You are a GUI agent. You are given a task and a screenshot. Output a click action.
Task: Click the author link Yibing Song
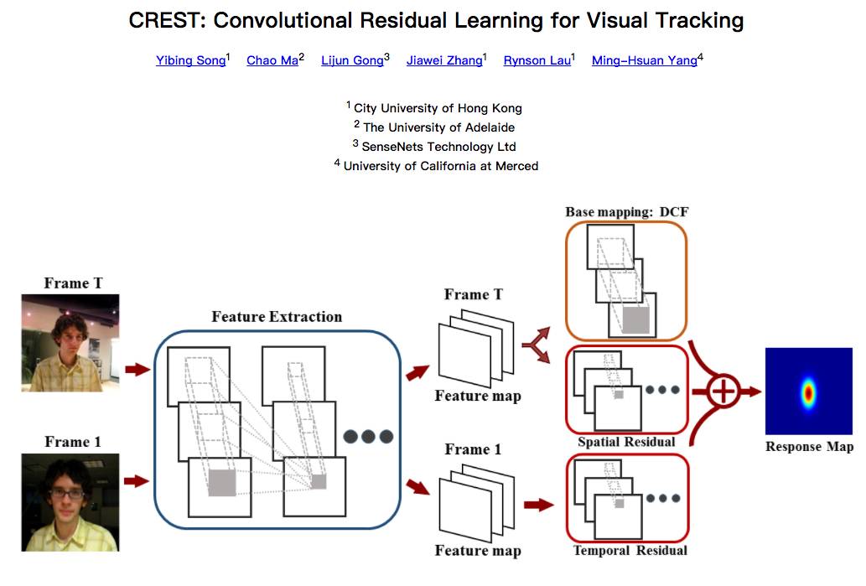pos(190,60)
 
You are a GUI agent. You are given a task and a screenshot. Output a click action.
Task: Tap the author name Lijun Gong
pos(352,60)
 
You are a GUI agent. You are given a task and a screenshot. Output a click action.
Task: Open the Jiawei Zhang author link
pos(443,60)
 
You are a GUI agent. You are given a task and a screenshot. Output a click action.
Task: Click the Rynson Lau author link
pos(537,60)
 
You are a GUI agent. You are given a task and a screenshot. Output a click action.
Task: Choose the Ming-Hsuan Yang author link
pos(644,60)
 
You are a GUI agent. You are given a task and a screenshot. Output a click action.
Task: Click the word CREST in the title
pos(164,20)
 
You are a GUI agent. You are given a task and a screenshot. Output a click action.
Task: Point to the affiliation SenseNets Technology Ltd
pos(438,146)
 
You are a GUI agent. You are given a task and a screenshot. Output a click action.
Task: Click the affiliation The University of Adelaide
pos(438,127)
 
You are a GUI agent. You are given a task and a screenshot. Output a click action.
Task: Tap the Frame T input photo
pos(70,343)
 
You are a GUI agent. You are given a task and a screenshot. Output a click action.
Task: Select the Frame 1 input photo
pos(70,501)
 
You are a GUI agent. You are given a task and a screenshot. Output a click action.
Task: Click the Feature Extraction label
pos(277,317)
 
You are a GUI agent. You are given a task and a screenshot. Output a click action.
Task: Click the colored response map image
pos(808,391)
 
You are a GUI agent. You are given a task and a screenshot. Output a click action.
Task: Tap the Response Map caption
pos(809,447)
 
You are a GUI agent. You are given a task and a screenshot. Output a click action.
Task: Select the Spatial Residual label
pos(626,442)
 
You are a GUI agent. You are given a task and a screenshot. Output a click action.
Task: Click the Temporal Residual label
pos(630,551)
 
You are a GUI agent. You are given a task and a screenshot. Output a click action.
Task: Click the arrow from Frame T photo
pos(137,369)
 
